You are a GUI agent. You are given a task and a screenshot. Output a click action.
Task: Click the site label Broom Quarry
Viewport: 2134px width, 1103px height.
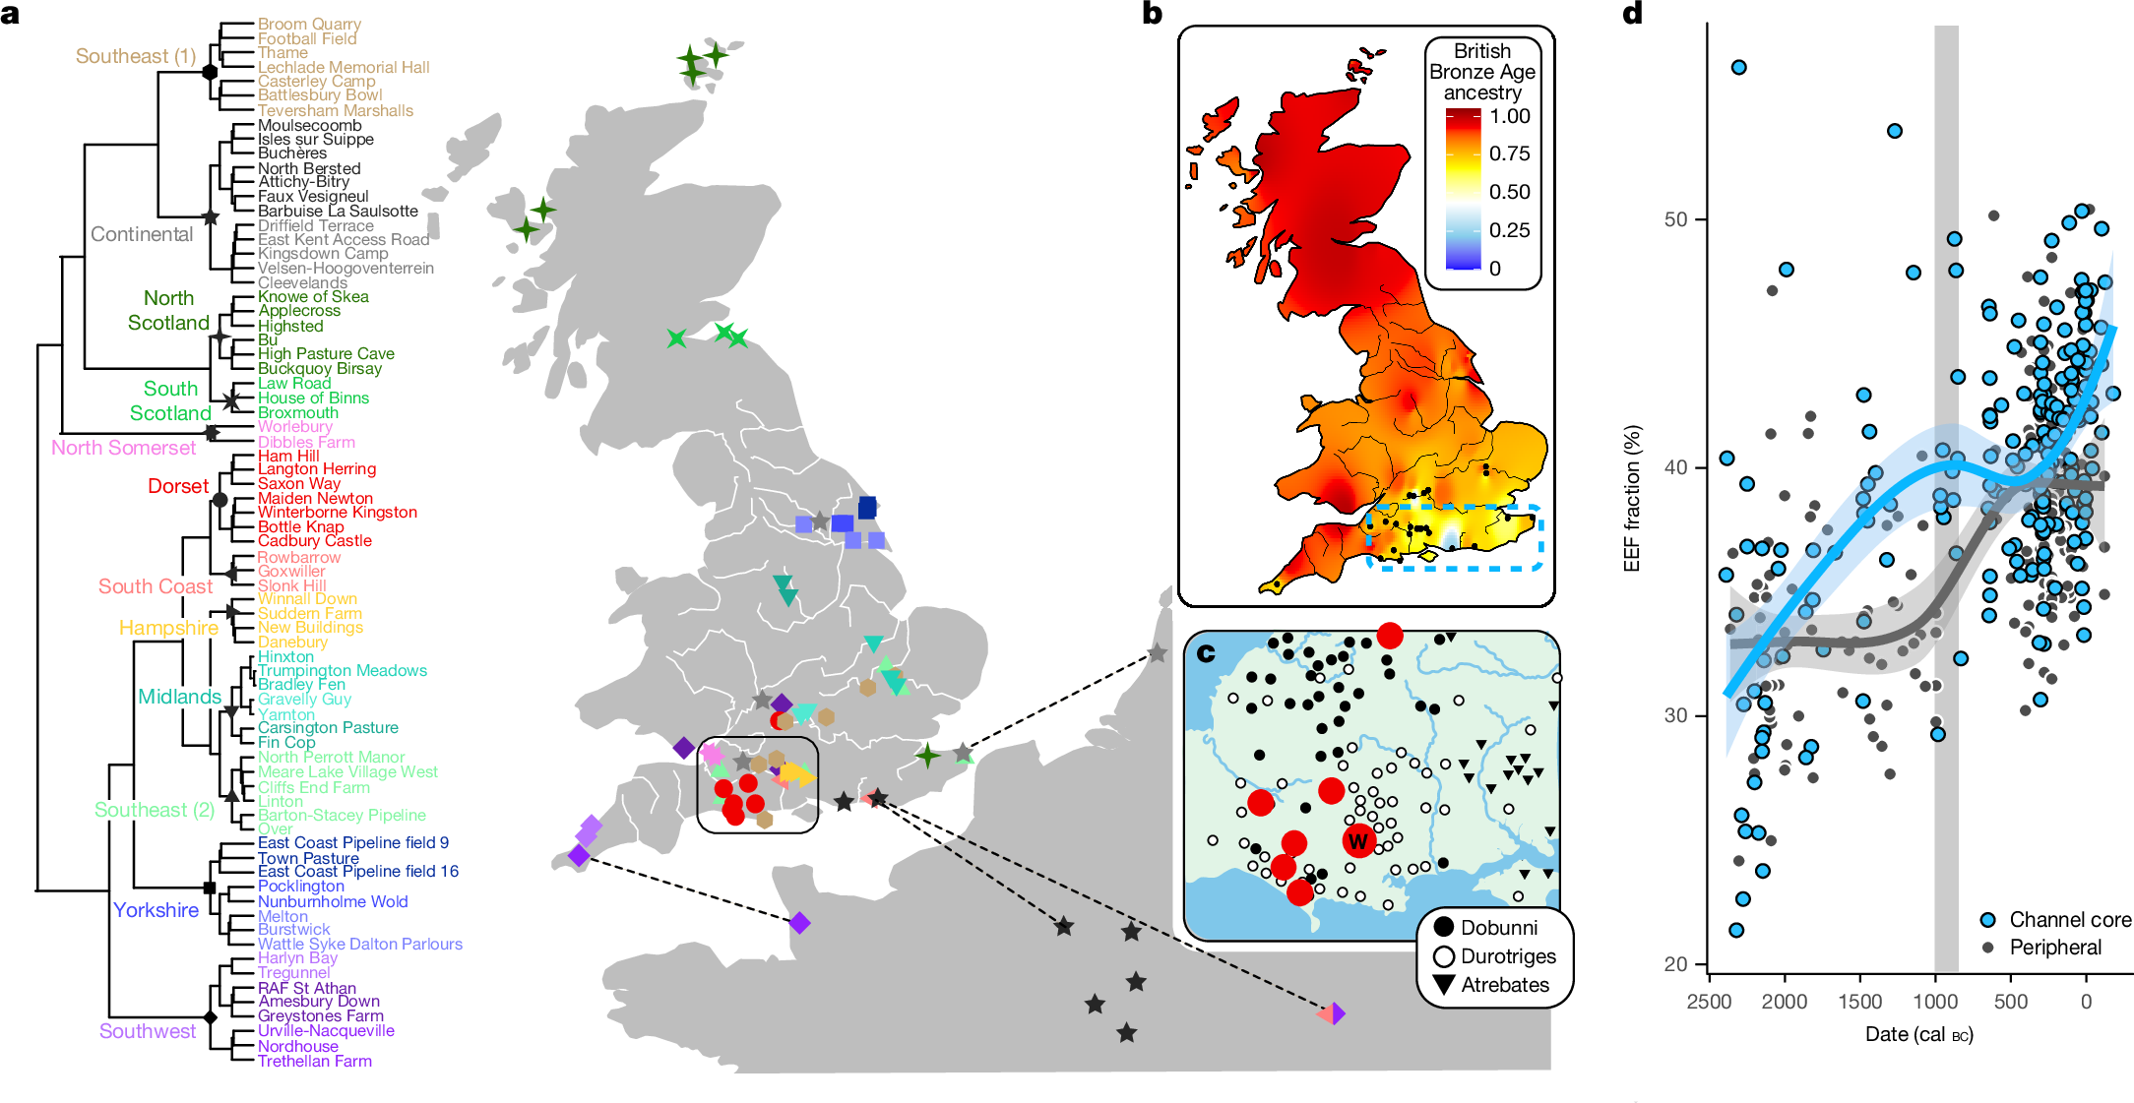click(x=309, y=24)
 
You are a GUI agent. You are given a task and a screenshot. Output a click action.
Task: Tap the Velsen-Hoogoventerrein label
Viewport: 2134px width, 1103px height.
click(x=345, y=268)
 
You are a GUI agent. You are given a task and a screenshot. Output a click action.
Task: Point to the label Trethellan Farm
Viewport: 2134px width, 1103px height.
click(x=315, y=1061)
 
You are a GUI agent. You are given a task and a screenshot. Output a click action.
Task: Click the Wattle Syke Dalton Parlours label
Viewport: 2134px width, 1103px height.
click(x=359, y=944)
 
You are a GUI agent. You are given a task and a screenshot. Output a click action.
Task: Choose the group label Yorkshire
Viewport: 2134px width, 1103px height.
click(x=156, y=910)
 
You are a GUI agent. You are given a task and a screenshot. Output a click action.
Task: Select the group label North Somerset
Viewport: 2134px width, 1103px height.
click(x=124, y=448)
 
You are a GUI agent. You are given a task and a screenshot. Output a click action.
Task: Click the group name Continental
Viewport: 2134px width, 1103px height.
click(x=142, y=234)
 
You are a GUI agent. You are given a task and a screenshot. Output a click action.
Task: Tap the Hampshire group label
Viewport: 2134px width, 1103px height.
click(x=168, y=628)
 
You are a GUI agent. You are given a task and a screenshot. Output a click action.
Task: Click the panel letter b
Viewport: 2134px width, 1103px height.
click(x=1152, y=14)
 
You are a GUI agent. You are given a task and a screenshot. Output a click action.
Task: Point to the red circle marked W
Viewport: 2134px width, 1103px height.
click(x=1358, y=841)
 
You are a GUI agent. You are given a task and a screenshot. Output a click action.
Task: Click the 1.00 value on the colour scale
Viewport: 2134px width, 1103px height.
click(x=1510, y=116)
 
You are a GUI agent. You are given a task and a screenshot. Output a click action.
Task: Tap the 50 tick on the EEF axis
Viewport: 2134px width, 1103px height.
click(x=1675, y=219)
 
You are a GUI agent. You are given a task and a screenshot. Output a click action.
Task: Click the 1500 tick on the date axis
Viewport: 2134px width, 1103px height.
click(x=1859, y=1002)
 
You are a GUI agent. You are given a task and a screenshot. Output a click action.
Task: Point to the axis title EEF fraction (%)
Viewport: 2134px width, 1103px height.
click(x=1632, y=498)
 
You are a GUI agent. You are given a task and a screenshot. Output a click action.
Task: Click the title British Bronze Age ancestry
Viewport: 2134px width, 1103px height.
click(x=1481, y=72)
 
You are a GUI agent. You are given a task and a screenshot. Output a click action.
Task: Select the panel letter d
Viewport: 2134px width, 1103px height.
click(x=1632, y=14)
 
